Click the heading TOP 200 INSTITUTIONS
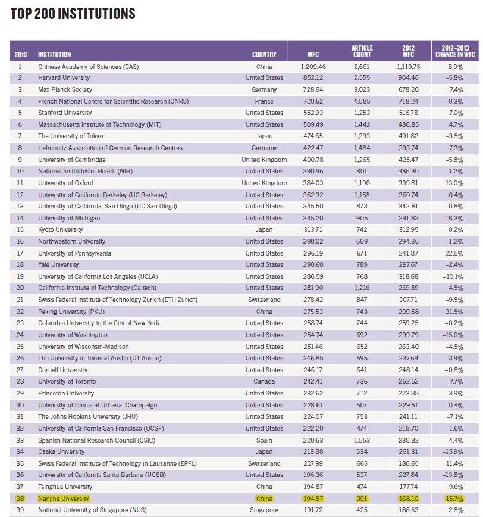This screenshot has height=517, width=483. [x=73, y=13]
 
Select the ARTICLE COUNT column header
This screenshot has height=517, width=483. [x=362, y=51]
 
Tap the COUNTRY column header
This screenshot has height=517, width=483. [x=264, y=55]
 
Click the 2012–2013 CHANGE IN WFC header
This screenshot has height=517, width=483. [x=455, y=51]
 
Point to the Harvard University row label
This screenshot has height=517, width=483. [x=64, y=78]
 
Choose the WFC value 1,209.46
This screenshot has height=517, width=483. [x=313, y=67]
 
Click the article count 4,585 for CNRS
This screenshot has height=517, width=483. [x=362, y=101]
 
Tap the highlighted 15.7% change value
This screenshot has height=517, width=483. [x=454, y=499]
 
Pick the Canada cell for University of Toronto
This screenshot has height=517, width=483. [x=264, y=382]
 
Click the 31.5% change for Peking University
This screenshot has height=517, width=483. [x=454, y=312]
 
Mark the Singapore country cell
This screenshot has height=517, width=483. [x=264, y=510]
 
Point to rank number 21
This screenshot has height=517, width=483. [x=20, y=300]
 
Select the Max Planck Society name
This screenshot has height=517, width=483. [x=65, y=90]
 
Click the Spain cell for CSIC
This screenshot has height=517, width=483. [x=264, y=440]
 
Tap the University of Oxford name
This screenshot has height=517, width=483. [x=65, y=183]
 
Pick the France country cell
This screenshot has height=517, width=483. [x=264, y=101]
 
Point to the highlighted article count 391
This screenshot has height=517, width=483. [x=362, y=499]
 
